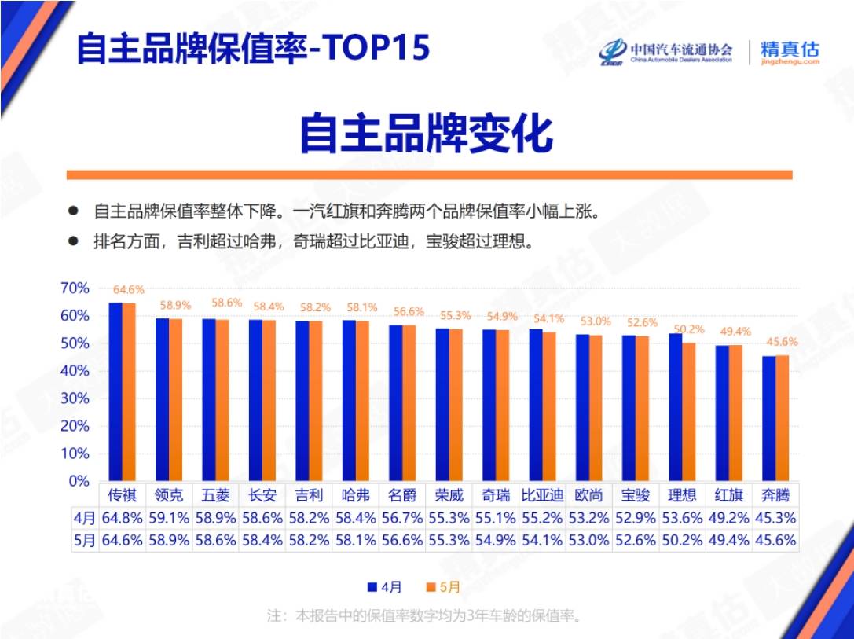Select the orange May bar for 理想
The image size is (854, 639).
click(x=689, y=412)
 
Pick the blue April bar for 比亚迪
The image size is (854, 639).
click(x=536, y=405)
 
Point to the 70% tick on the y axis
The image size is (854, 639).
click(x=75, y=288)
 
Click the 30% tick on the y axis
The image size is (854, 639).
click(x=75, y=398)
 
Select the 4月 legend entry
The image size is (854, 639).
click(x=385, y=587)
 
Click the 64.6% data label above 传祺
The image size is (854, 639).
click(x=129, y=290)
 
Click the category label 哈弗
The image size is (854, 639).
click(x=356, y=495)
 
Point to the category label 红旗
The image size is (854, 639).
click(x=728, y=495)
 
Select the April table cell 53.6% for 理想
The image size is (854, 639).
click(x=682, y=518)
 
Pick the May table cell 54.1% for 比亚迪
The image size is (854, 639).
click(x=542, y=541)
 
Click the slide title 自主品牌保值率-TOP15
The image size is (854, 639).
click(x=253, y=47)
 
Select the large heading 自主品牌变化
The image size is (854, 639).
click(x=427, y=134)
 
